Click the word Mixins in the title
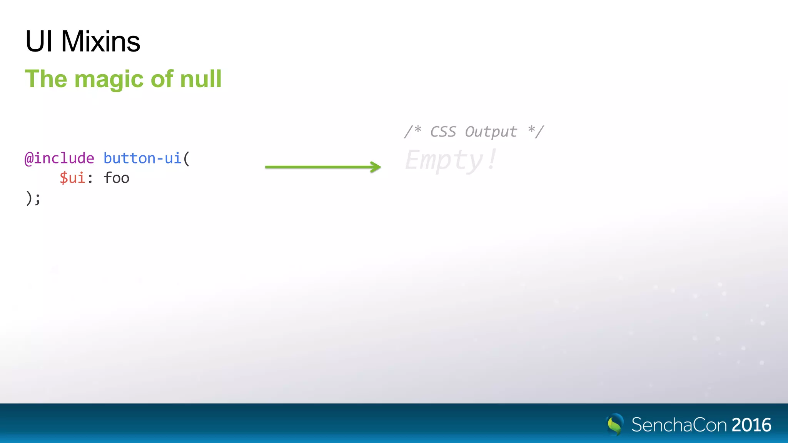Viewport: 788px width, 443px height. coord(100,42)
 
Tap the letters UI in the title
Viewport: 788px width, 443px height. coord(38,42)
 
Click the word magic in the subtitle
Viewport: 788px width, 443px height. coord(109,79)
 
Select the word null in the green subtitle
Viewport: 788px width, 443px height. coord(201,79)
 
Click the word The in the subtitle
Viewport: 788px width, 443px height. coord(46,79)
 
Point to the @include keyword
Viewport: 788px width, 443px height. coord(59,158)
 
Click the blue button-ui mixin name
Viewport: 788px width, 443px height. coord(142,158)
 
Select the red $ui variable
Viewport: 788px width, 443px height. coord(72,178)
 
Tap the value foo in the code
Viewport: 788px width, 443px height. coord(116,178)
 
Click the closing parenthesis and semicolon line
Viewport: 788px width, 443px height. coord(33,198)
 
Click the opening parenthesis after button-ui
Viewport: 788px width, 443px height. coord(187,158)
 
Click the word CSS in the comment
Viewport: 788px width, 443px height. coord(442,132)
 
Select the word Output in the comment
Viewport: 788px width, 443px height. coord(491,132)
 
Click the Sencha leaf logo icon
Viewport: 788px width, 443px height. coord(615,425)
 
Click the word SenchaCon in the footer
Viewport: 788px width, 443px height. coord(679,425)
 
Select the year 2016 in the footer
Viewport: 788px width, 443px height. coord(751,425)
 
